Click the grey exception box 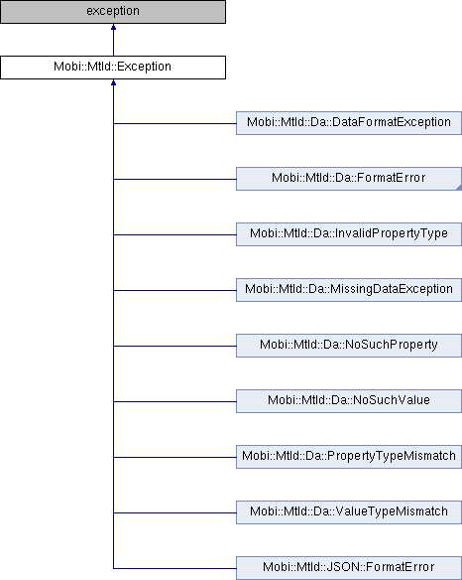point(113,12)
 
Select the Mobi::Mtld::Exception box point(113,68)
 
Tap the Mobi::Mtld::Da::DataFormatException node point(349,123)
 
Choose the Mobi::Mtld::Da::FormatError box point(349,179)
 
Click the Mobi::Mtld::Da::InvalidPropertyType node point(349,234)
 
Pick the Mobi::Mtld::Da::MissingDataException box point(349,290)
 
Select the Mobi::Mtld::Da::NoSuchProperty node point(349,346)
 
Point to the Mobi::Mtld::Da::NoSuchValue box point(349,401)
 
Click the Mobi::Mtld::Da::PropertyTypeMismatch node point(349,457)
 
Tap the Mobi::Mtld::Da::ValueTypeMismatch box point(349,512)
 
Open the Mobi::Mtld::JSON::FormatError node point(349,568)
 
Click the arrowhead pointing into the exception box point(113,27)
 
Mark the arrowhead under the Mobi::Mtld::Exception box point(113,82)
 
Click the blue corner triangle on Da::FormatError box point(459,188)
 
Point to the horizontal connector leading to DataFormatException point(174,123)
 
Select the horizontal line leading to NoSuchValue point(174,401)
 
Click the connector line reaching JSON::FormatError point(174,568)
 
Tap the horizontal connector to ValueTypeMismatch point(174,513)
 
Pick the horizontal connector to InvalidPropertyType point(174,235)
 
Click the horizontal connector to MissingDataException point(174,291)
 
